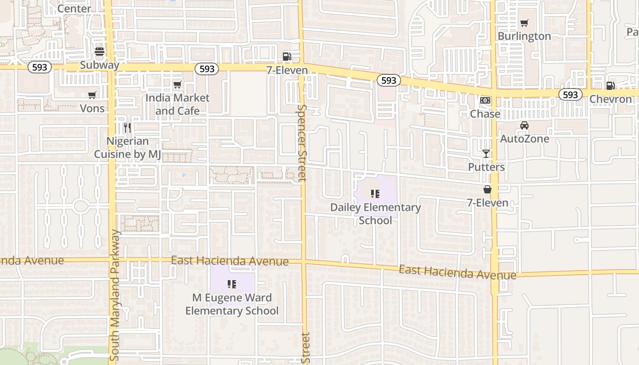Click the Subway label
100,65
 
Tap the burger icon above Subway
100,52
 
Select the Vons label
92,108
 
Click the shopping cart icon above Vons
92,95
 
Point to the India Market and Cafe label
178,104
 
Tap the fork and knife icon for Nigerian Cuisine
127,128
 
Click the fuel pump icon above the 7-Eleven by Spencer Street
287,56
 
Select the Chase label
485,114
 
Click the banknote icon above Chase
485,100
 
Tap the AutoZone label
524,139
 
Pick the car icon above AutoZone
524,125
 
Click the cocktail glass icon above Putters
486,154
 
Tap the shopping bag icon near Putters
487,189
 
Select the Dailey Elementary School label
375,214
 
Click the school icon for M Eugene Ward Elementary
232,285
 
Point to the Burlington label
524,36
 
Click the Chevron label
610,99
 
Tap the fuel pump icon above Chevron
610,86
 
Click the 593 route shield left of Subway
40,67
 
